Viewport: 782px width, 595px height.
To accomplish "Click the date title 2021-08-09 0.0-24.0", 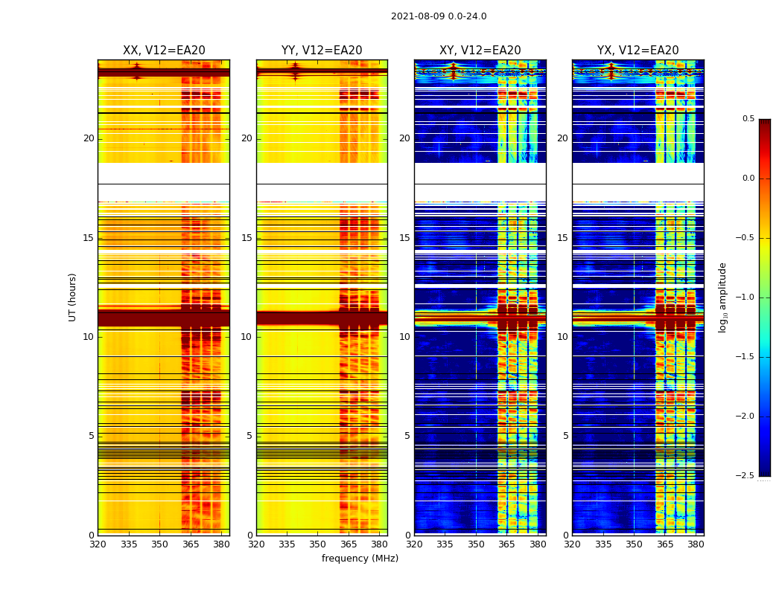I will coord(439,16).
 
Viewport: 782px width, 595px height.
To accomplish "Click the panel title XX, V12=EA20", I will coord(164,51).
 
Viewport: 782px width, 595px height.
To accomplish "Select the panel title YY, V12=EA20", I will coord(322,51).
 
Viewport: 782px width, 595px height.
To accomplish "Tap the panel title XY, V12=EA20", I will coord(480,51).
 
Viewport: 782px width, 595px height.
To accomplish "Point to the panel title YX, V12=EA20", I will coord(638,51).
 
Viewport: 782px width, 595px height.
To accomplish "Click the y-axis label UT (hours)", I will coord(73,297).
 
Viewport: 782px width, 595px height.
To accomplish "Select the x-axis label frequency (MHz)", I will coord(360,559).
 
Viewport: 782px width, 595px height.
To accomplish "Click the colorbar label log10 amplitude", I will coord(722,297).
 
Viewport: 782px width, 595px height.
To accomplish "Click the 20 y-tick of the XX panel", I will coord(89,138).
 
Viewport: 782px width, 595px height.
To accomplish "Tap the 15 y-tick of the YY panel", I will coord(247,238).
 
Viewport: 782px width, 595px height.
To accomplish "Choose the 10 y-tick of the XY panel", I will coord(404,337).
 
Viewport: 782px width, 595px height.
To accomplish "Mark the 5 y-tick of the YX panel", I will coord(565,436).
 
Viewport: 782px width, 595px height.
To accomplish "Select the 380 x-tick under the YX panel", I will coord(696,544).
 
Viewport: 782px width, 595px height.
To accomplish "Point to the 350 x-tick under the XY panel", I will coord(476,544).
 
